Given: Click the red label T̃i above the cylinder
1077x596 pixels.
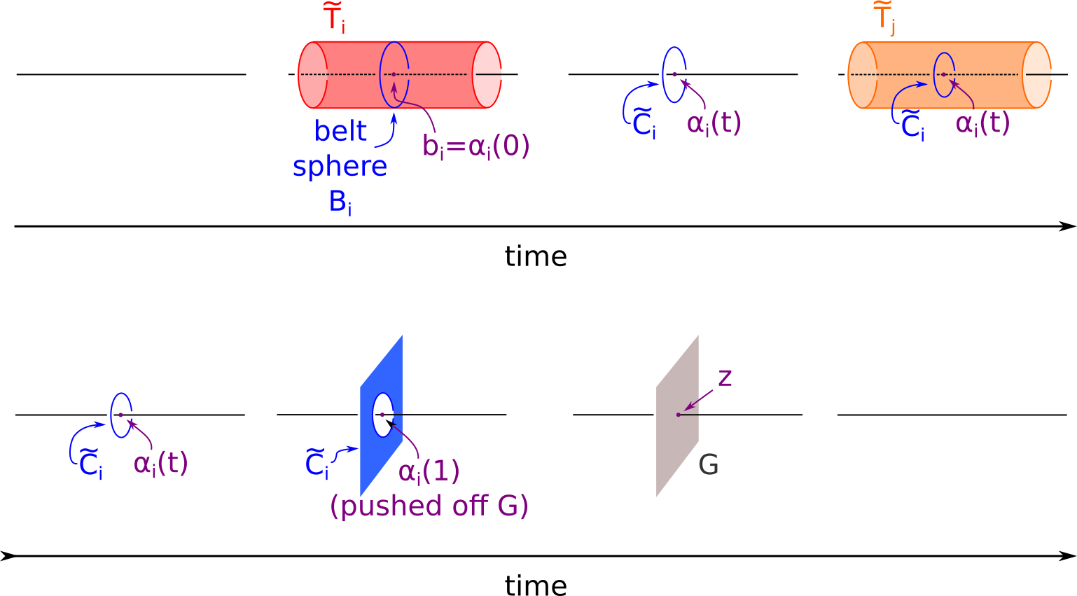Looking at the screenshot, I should [334, 19].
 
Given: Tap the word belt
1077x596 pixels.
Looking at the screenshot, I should [340, 132].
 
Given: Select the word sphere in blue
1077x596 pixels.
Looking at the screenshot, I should [340, 167].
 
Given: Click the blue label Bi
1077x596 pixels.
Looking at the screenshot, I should [340, 202].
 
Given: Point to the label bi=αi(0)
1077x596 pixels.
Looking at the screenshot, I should [475, 146].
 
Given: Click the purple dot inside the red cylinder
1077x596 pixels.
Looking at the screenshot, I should [394, 74].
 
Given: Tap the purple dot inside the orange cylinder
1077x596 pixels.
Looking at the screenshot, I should [943, 74].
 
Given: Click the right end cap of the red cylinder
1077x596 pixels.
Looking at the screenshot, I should [486, 75].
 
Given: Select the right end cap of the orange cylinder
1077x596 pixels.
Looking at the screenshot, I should [1036, 75].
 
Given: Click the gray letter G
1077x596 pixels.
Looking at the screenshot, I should [709, 465].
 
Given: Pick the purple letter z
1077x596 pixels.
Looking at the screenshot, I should [725, 378].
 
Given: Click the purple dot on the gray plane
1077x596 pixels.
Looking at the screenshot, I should [679, 415].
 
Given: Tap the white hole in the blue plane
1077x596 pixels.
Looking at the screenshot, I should [382, 415].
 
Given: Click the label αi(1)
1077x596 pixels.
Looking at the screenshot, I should [429, 471].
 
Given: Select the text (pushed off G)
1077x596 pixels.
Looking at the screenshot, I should [429, 506].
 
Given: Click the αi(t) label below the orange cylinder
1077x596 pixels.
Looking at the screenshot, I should [982, 124].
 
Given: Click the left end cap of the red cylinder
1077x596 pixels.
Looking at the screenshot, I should [312, 75].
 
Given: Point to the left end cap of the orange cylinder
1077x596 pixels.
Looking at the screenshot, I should [863, 75].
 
